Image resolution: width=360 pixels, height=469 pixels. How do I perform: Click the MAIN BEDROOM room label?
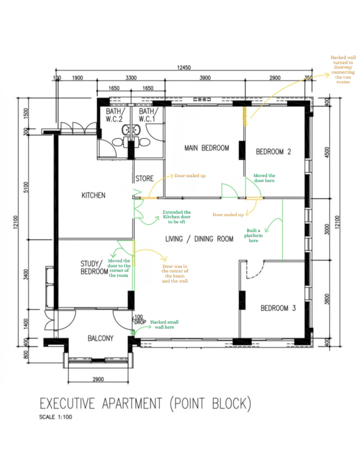[x=206, y=148]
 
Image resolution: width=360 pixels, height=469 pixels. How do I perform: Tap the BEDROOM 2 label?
[x=273, y=152]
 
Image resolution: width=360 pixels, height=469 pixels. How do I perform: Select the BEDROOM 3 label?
[x=278, y=308]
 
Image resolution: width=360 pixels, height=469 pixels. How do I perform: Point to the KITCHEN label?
[x=93, y=195]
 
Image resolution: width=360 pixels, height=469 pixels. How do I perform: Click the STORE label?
[x=144, y=179]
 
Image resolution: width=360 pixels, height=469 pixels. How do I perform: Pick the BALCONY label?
[x=100, y=338]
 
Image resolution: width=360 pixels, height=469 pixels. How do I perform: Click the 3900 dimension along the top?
[x=205, y=78]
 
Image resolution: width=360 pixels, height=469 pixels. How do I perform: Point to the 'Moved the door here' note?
[x=264, y=178]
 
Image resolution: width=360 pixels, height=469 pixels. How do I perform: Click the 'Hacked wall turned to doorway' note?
[x=341, y=69]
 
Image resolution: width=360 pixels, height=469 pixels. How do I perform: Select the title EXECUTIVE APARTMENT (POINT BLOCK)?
[x=146, y=404]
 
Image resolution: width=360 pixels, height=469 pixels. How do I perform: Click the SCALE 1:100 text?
[x=56, y=417]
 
